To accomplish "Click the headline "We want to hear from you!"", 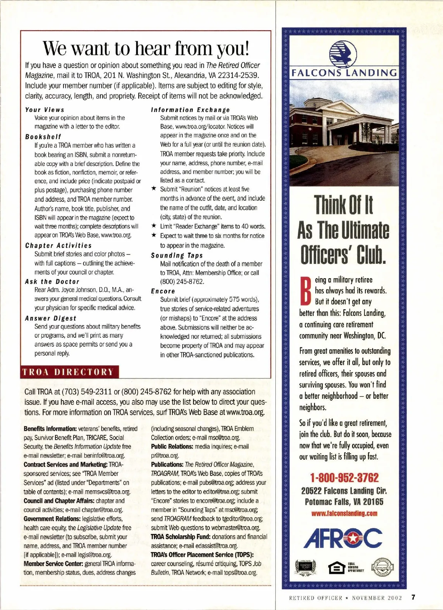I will pos(146,48).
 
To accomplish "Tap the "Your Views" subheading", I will pos(45,110).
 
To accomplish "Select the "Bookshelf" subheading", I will pos(43,137).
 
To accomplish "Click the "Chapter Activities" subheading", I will pos(58,245).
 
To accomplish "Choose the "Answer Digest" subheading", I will pos(51,318).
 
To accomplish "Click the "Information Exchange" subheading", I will pos(190,110).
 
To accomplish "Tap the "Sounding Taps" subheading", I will pos(177,255).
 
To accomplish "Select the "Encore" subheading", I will pos(163,291).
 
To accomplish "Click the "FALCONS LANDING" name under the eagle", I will pos(344,73).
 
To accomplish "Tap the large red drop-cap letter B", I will pos(305,291).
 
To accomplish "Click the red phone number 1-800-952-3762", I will pos(344,477).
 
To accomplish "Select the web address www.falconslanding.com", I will pos(344,513).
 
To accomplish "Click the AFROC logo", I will pos(343,538).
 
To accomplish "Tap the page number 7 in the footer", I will pos(413,597).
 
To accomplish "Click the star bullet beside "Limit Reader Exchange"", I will pos(154,226).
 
